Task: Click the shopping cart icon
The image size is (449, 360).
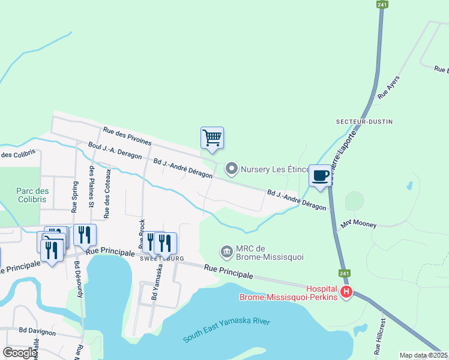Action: [212, 137]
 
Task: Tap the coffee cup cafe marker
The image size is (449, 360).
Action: [321, 175]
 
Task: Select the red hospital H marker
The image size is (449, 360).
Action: [346, 293]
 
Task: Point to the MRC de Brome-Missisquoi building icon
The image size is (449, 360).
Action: [227, 251]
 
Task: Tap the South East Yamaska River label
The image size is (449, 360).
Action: [226, 331]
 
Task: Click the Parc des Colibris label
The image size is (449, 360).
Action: [32, 196]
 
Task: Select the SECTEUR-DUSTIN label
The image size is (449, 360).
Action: [364, 122]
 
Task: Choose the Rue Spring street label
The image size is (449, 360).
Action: [74, 197]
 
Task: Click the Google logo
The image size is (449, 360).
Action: [20, 353]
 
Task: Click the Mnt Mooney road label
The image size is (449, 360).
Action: [358, 224]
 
